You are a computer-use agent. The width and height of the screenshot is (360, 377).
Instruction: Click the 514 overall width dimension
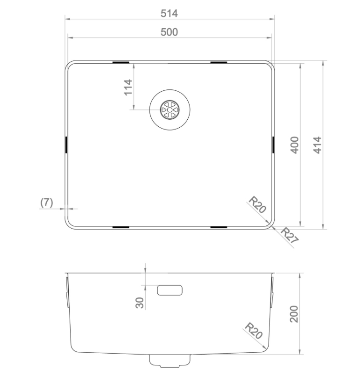point(169,14)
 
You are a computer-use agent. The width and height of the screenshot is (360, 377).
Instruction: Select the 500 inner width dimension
point(169,32)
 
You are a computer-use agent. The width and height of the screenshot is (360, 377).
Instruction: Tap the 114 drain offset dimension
point(128,87)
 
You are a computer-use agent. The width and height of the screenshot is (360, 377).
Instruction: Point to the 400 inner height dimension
point(294,145)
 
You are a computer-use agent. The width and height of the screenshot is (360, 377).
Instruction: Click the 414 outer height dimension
point(317,145)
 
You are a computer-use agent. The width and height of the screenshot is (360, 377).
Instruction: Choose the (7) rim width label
point(46,203)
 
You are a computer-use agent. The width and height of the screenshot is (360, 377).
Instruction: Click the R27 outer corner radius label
point(289,235)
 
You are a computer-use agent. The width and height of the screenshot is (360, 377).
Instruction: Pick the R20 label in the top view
point(257,204)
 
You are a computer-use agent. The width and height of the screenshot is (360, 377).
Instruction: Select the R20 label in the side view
point(253,331)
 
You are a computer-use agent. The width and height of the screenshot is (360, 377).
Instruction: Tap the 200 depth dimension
point(294,314)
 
